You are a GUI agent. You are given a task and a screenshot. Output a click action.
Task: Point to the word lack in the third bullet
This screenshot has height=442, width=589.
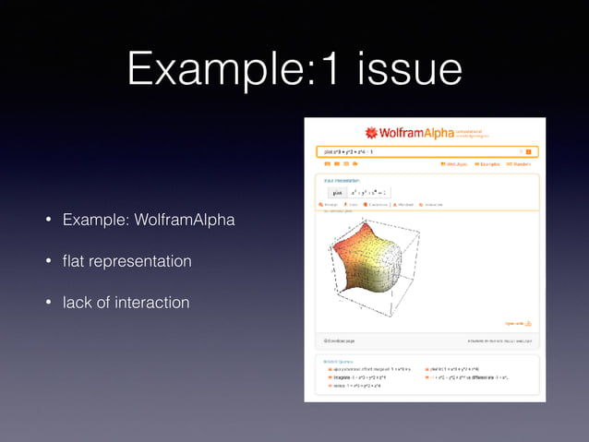coord(78,303)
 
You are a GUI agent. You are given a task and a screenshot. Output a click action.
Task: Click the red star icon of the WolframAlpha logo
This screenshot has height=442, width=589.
coord(371,133)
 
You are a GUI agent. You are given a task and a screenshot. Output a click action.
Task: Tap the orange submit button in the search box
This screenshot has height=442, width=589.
coord(529,150)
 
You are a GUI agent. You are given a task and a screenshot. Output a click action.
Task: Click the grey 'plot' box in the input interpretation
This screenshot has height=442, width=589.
coord(338,192)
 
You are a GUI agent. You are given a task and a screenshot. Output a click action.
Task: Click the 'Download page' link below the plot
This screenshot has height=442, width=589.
coord(338,340)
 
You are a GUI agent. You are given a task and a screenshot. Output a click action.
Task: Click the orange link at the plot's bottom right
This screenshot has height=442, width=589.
coord(517,323)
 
